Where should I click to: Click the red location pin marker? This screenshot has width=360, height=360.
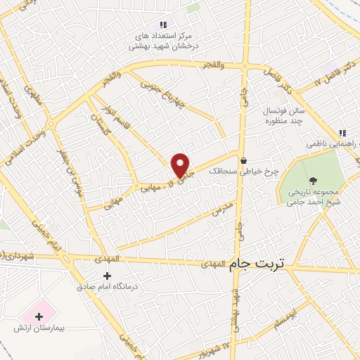pyautogui.click(x=181, y=165)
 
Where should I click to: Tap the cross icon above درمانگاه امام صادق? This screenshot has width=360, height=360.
pyautogui.click(x=106, y=275)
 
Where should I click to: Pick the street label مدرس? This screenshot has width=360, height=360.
pyautogui.click(x=221, y=209)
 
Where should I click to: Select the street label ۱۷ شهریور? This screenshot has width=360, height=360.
pyautogui.click(x=217, y=347)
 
